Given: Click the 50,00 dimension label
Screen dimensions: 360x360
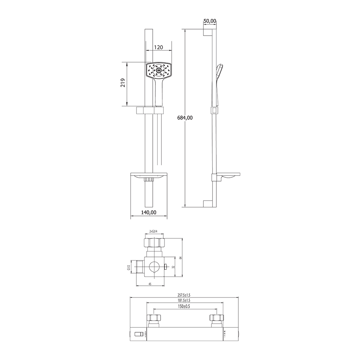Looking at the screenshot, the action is (x=210, y=21).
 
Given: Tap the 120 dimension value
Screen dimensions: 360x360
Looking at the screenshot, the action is (x=158, y=47).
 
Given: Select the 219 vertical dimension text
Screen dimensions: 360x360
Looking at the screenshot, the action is (x=123, y=83).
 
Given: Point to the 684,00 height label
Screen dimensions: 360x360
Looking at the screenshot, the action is (x=185, y=118).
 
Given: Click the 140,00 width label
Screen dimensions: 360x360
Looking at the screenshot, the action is (x=149, y=213).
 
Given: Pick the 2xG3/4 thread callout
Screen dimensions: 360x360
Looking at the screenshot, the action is (x=155, y=232).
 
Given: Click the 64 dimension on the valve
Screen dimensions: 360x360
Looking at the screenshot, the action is (x=180, y=258).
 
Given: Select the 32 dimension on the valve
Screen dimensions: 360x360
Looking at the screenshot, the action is (x=173, y=267).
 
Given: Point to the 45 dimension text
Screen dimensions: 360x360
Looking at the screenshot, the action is (x=150, y=284).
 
